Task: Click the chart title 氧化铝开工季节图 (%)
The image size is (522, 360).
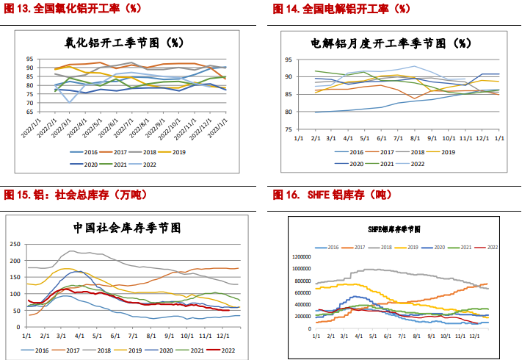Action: pos(130,42)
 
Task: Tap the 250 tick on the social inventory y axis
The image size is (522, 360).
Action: pos(14,243)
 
